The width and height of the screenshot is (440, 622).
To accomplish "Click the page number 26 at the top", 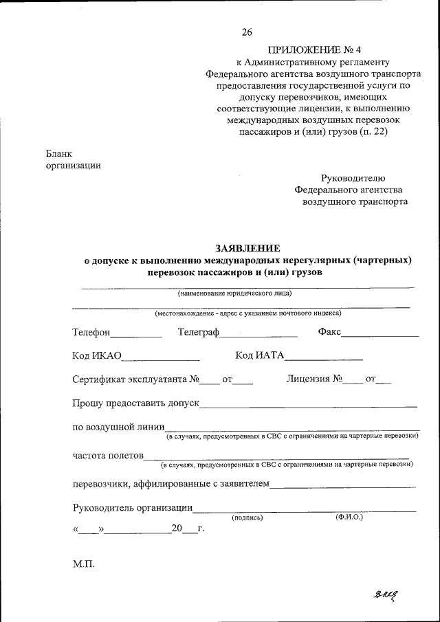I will (247, 32).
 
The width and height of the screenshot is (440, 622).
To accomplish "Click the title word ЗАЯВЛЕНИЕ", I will (248, 248).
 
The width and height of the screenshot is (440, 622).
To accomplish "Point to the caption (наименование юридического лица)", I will (235, 293).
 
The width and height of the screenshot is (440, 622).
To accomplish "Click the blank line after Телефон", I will (136, 335).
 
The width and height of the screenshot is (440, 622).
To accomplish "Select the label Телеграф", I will (198, 333).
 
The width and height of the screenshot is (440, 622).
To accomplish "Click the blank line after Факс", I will (379, 335).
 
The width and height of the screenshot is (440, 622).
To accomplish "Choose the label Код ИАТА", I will (259, 355).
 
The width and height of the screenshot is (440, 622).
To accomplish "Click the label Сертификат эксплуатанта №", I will (135, 379).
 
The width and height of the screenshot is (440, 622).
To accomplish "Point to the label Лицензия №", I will (314, 378).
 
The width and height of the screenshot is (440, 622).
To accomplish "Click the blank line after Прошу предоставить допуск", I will (308, 406).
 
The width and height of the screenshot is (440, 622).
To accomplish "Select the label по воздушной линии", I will (118, 426).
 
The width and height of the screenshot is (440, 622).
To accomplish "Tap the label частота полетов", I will (108, 455).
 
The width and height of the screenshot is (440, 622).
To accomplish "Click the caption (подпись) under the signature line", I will (247, 517).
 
